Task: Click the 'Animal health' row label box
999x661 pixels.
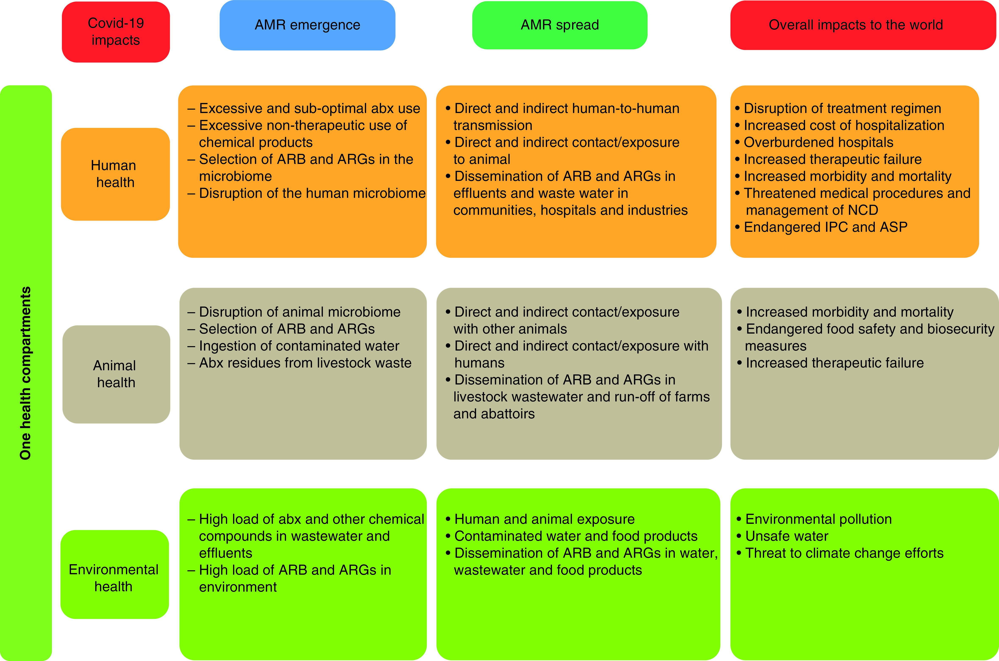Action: tap(116, 374)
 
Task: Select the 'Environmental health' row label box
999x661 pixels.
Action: tap(114, 578)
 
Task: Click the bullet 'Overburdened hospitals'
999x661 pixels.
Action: tap(818, 143)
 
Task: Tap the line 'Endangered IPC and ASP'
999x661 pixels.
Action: tap(825, 227)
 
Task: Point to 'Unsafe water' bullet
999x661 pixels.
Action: tap(786, 536)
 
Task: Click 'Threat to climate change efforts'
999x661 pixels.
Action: tap(844, 553)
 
